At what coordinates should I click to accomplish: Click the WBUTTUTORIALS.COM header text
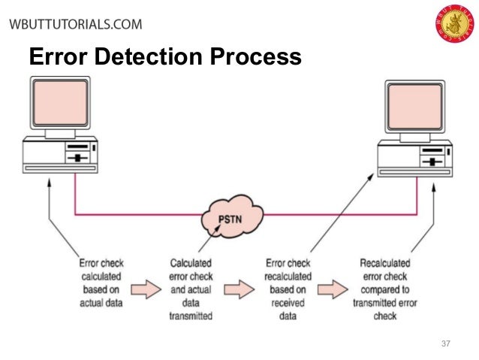click(75, 24)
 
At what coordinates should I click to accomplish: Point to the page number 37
click(445, 344)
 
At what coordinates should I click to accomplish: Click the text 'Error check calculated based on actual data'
click(101, 283)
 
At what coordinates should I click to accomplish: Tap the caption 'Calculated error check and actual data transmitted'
click(191, 289)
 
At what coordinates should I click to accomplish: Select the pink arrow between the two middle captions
click(239, 288)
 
